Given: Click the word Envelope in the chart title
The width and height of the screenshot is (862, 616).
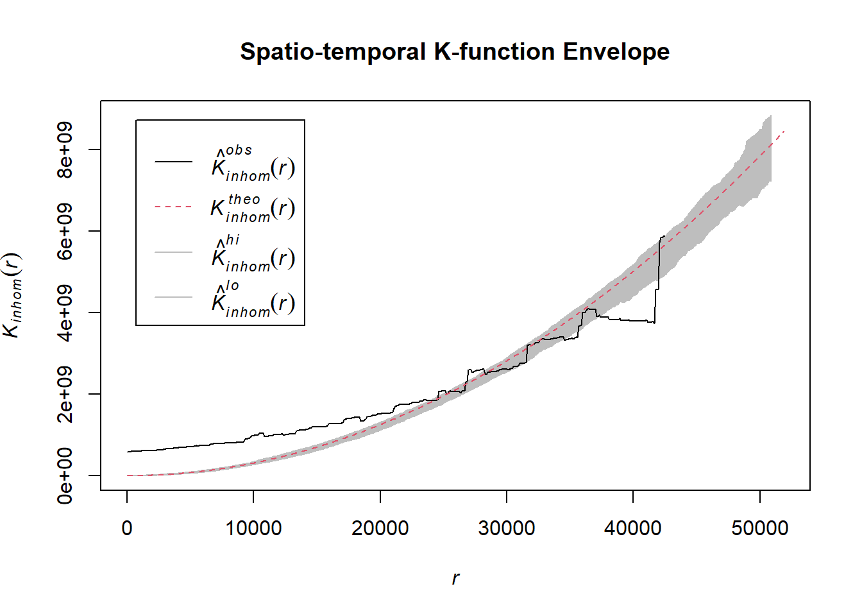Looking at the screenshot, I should [616, 52].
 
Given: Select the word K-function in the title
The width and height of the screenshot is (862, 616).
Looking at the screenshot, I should [494, 52].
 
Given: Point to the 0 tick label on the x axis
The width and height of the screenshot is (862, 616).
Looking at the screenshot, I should [127, 528].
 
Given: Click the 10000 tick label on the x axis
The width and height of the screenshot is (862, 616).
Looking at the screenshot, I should [253, 528].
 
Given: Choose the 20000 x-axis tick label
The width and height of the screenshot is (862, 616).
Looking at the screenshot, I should [380, 528].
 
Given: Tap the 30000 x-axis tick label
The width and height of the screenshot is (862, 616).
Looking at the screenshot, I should [507, 528].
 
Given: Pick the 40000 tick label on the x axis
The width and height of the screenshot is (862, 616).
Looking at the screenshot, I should [633, 528].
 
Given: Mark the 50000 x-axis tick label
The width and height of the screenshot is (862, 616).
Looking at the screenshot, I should [760, 528].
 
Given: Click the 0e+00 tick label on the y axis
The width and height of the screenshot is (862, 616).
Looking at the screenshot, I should [65, 475].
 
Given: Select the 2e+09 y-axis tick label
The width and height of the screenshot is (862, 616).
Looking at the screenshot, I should [65, 394].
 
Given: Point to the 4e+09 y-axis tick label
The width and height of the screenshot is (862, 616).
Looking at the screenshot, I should [65, 312].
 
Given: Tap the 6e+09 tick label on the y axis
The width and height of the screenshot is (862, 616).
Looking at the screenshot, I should [65, 231].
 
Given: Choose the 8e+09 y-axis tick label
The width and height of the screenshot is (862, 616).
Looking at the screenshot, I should [65, 150].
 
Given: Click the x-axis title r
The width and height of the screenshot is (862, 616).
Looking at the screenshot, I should [455, 578].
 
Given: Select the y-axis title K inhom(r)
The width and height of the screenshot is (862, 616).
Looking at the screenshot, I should [13, 295].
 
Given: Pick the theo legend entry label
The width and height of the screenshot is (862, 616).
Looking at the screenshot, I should [253, 208].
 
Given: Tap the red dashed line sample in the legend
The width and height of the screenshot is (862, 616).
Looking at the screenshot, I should [173, 207].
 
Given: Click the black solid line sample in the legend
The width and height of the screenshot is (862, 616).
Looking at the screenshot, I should [173, 162].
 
